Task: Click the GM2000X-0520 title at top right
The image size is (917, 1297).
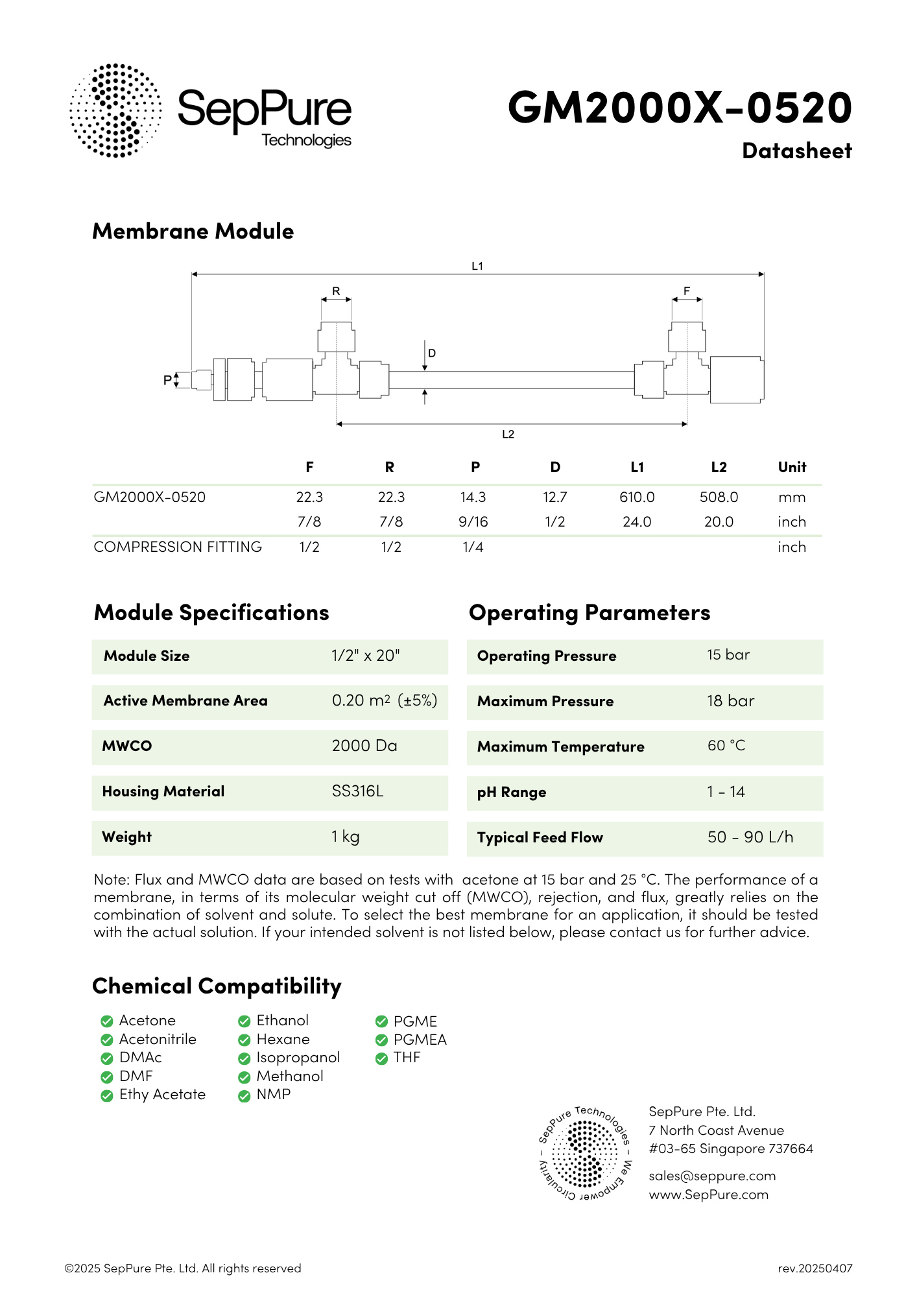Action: click(x=679, y=108)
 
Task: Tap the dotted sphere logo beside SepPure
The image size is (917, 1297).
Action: click(x=115, y=110)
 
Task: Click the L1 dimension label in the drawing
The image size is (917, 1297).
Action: click(x=477, y=266)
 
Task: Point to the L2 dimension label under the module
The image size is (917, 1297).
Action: click(x=508, y=434)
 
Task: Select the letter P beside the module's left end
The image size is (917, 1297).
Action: click(x=167, y=380)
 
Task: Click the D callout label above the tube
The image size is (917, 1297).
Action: click(x=432, y=353)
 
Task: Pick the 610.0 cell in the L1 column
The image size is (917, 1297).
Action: click(x=637, y=497)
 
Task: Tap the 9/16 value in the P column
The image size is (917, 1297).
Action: click(x=473, y=522)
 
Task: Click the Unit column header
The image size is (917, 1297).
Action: click(x=792, y=467)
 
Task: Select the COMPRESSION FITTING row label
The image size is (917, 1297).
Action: click(x=178, y=547)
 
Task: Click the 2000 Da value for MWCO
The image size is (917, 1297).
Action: click(x=364, y=746)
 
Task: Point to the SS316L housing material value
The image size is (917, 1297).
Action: click(x=357, y=791)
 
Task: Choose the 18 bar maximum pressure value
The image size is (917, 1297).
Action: click(x=731, y=701)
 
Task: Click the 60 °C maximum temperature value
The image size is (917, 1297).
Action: click(x=726, y=746)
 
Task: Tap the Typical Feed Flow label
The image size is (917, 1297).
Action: click(x=540, y=838)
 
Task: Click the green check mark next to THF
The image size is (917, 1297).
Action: click(x=381, y=1059)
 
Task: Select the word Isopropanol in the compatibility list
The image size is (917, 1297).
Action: click(x=298, y=1058)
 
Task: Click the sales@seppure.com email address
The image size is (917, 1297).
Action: click(x=712, y=1176)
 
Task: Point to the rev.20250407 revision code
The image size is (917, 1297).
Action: click(x=815, y=1268)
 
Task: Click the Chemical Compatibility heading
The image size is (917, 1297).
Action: click(x=217, y=986)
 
